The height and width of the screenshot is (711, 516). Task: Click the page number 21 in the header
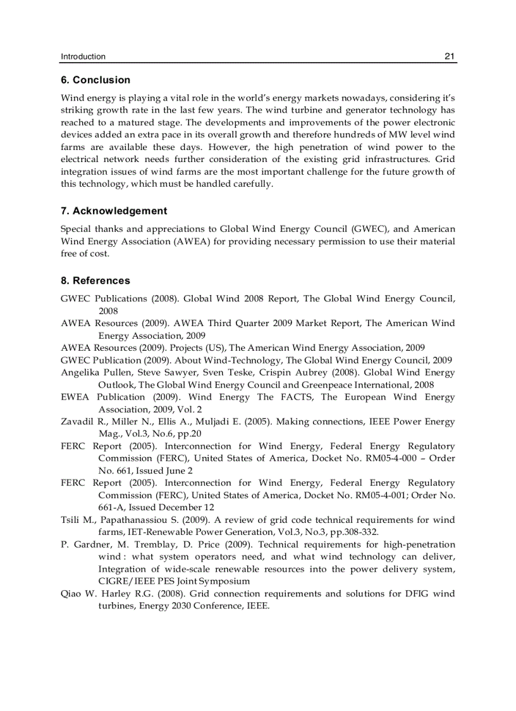pos(450,56)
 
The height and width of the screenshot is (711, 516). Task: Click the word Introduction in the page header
pos(83,56)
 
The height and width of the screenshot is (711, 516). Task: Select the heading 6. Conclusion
pos(95,80)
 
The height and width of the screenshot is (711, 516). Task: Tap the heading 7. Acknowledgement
pos(114,211)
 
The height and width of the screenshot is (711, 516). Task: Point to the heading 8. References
pos(95,280)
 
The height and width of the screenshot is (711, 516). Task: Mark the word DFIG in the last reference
pos(411,594)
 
